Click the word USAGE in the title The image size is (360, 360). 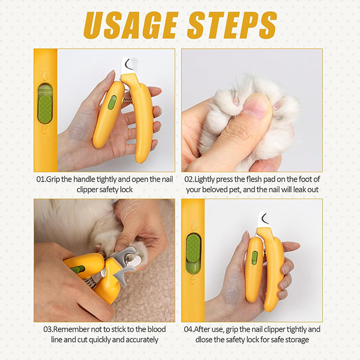131,25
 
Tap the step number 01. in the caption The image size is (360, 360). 41,179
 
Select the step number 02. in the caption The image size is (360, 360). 189,179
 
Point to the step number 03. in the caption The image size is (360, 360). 48,329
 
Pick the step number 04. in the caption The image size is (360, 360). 189,329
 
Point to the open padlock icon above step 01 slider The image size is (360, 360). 46,76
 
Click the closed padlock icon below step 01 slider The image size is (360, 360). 45,130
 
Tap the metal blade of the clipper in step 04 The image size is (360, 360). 263,220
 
